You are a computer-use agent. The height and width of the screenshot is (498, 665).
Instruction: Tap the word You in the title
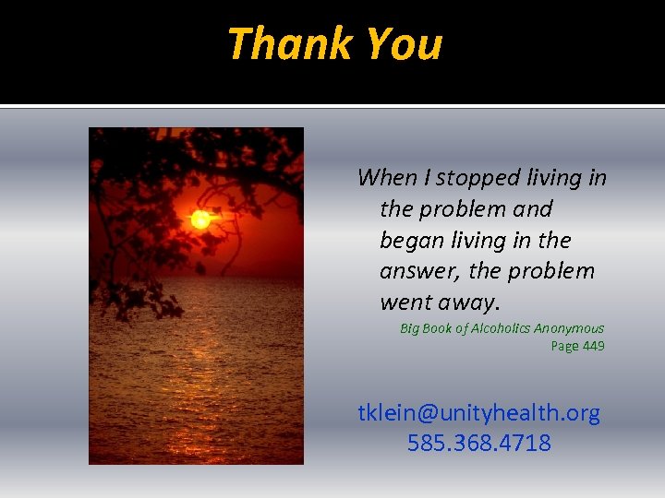pyautogui.click(x=404, y=43)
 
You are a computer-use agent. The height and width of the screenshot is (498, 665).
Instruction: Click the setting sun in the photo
pyautogui.click(x=199, y=219)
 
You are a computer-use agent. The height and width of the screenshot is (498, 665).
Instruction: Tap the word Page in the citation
pyautogui.click(x=564, y=346)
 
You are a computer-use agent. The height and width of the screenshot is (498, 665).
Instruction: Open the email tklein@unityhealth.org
pyautogui.click(x=478, y=413)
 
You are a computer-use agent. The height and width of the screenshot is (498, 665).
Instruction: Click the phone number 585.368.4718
pyautogui.click(x=478, y=443)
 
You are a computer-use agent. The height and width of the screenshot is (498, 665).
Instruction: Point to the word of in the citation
pyautogui.click(x=464, y=328)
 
